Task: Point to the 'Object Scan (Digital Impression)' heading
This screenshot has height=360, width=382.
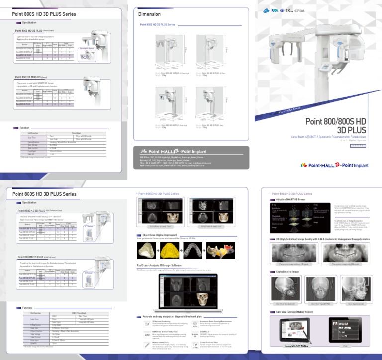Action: (162, 234)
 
